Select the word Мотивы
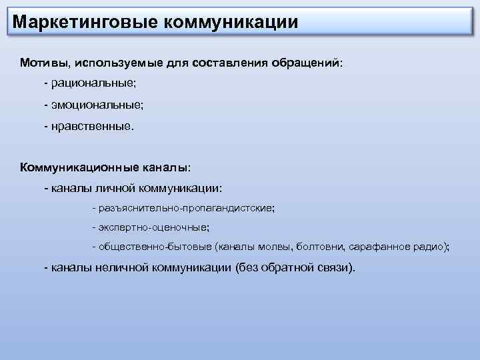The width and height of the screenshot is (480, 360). tap(45, 63)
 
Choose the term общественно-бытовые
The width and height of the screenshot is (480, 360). tap(155, 247)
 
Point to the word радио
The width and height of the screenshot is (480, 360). tap(430, 247)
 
